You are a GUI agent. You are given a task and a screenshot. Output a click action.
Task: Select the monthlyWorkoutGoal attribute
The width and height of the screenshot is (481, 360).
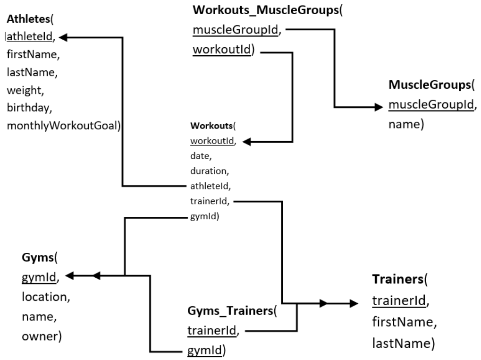tap(63, 125)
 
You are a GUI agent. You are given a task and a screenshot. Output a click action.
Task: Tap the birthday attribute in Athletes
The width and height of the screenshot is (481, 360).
tap(28, 107)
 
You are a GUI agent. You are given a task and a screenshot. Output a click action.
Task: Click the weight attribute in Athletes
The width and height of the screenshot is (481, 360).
tap(24, 90)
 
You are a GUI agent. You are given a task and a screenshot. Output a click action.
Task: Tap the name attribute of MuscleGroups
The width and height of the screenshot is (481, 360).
tap(404, 125)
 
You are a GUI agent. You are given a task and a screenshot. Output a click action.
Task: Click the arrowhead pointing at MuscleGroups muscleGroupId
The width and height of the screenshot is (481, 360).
tap(378, 107)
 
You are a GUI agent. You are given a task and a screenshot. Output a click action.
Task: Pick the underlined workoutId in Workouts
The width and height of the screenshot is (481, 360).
tap(211, 141)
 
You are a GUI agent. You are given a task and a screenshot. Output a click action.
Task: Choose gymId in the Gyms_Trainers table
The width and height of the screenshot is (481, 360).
tap(203, 351)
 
